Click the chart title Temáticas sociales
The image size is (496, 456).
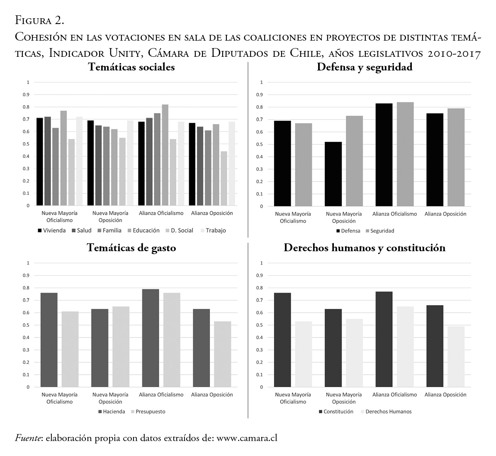tap(131, 67)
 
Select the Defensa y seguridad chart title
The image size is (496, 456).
tap(365, 67)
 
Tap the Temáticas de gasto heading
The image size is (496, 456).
tap(131, 248)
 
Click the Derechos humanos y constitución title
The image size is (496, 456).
tap(365, 248)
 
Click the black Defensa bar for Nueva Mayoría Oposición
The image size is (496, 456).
tap(333, 174)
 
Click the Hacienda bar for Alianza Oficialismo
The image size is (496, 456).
tap(150, 338)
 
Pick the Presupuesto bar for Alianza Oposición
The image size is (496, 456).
tap(222, 354)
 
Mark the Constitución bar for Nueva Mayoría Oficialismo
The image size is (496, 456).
tap(282, 340)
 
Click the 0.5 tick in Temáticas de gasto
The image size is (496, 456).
tap(28, 325)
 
